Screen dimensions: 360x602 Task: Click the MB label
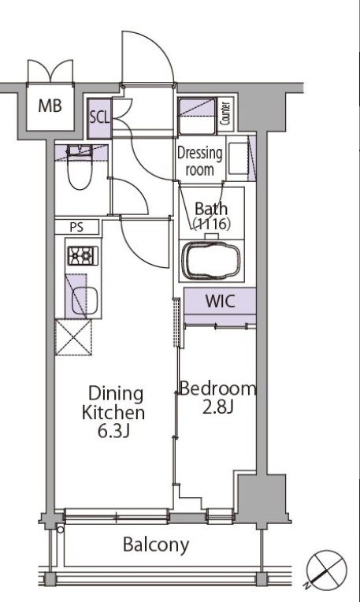pyautogui.click(x=50, y=106)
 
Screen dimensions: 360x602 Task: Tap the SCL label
pyautogui.click(x=99, y=117)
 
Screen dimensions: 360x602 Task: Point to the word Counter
pyautogui.click(x=225, y=113)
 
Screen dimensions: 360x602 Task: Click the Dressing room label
pyautogui.click(x=199, y=162)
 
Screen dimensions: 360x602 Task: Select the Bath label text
pyautogui.click(x=211, y=209)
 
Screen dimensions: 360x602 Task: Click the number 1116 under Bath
pyautogui.click(x=211, y=224)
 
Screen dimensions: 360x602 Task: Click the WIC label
pyautogui.click(x=220, y=301)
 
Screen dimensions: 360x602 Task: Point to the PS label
pyautogui.click(x=76, y=227)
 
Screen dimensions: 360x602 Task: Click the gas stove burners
pyautogui.click(x=83, y=256)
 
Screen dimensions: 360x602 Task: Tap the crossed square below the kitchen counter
pyautogui.click(x=74, y=337)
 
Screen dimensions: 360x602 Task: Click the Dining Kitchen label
pyautogui.click(x=113, y=403)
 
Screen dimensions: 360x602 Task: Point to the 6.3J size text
pyautogui.click(x=113, y=431)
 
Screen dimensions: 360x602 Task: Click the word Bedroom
pyautogui.click(x=217, y=388)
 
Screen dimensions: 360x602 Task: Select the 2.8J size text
pyautogui.click(x=217, y=407)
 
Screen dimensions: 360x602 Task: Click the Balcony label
pyautogui.click(x=156, y=544)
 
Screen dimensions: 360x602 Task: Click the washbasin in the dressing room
pyautogui.click(x=237, y=158)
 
